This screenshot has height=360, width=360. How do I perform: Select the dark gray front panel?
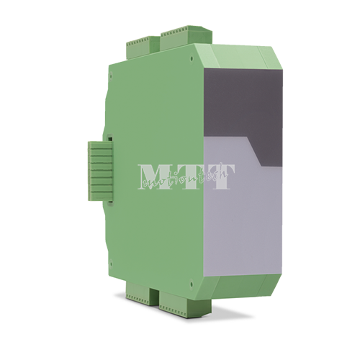click(245, 108)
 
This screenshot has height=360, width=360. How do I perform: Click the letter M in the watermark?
click(153, 177)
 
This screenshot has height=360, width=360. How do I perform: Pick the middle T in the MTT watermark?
click(189, 177)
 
